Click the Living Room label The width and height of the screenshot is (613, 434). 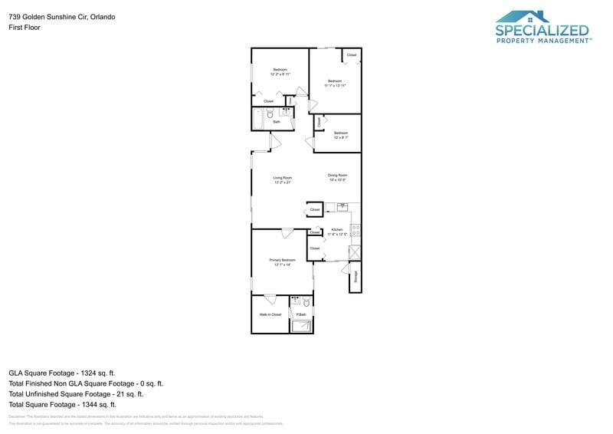[x=283, y=177]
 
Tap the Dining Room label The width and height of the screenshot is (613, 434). [x=338, y=176]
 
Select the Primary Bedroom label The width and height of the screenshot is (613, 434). [x=282, y=261]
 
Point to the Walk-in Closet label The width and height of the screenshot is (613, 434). [x=270, y=314]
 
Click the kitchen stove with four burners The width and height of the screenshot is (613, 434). [x=355, y=228]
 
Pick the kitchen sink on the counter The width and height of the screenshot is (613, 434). [x=343, y=206]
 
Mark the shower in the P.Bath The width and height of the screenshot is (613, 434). [x=302, y=326]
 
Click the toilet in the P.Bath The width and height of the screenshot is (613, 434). [x=305, y=301]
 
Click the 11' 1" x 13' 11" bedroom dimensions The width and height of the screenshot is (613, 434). [x=335, y=86]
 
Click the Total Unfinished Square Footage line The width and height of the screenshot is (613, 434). [x=83, y=393]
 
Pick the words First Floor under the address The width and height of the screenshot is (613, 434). [x=25, y=28]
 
